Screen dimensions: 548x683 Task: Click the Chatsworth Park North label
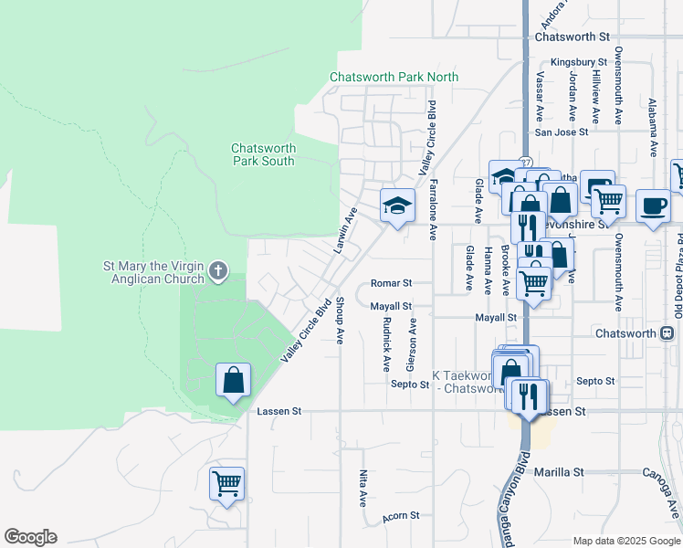394,78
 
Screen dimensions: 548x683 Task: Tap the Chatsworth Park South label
263,154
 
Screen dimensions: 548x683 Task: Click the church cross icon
217,271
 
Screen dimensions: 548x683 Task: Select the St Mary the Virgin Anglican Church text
156,273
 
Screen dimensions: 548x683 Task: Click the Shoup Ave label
340,320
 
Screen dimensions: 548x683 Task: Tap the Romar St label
392,283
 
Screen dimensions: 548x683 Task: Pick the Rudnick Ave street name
387,343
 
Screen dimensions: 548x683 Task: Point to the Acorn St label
401,516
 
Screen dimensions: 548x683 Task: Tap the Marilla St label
559,472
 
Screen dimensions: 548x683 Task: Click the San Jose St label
561,132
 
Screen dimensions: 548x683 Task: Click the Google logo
30,537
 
